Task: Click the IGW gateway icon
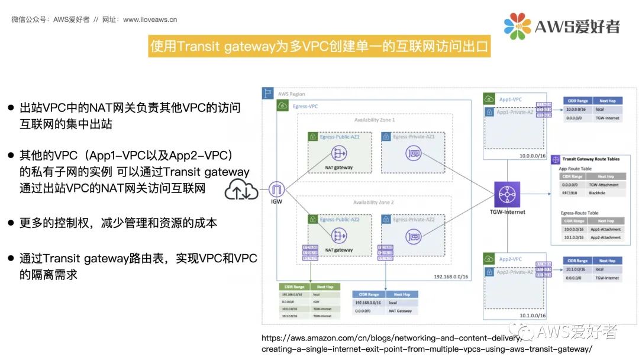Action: [x=276, y=191]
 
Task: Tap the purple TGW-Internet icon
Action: [x=507, y=194]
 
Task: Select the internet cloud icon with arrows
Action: [x=241, y=191]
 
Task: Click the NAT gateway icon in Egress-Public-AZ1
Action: [x=339, y=154]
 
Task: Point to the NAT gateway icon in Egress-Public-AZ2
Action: [x=339, y=236]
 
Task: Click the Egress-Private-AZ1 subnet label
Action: [x=414, y=136]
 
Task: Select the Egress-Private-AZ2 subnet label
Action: [x=414, y=219]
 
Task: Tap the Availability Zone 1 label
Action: [x=375, y=120]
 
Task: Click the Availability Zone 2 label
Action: [x=375, y=202]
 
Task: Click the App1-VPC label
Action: [x=510, y=99]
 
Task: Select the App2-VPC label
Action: [x=510, y=259]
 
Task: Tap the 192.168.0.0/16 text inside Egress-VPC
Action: [x=451, y=277]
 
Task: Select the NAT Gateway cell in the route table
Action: [x=401, y=311]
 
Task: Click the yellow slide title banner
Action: [x=319, y=46]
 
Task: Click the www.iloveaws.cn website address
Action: [x=150, y=20]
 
